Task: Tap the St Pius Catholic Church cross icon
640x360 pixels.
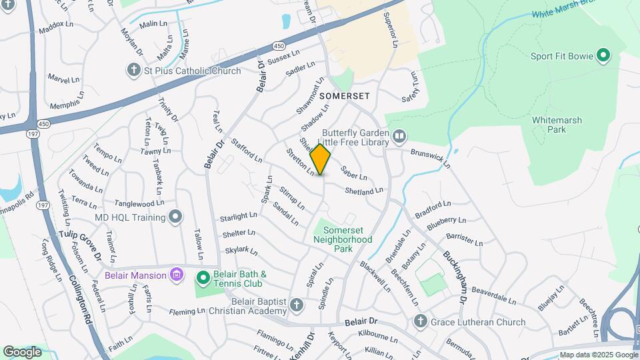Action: point(134,70)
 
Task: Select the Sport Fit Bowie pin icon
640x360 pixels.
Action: point(603,55)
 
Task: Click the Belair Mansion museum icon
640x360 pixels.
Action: point(176,275)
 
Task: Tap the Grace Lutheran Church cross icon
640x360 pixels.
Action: point(420,322)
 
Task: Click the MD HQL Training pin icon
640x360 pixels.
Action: point(175,217)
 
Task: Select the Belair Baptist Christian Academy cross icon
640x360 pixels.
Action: point(297,306)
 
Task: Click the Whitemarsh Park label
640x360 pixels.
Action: point(557,125)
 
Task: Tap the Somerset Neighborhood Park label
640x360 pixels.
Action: point(343,239)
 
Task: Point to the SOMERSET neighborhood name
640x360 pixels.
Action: point(344,96)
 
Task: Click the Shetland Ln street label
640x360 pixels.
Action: point(364,191)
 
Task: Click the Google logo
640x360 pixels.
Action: point(22,351)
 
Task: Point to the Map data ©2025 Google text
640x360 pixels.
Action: point(598,355)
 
